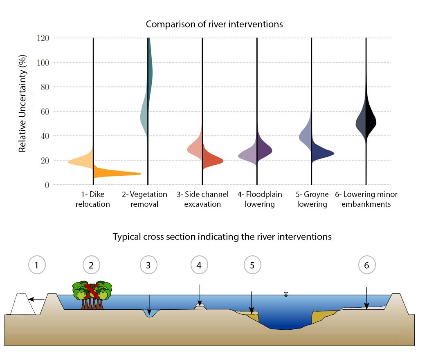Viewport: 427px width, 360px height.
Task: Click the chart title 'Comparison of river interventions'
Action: coord(214,24)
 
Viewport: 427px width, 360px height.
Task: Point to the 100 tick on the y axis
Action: coord(42,63)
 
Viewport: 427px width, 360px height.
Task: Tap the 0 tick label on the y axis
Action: coord(46,185)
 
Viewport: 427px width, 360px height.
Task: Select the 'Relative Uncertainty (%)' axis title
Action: coord(22,110)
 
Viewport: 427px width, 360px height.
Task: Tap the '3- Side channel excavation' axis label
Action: coord(202,199)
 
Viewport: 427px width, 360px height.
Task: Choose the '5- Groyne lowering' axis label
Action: coord(312,199)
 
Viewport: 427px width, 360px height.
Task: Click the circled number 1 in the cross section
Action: coord(36,265)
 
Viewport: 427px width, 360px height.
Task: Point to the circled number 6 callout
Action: coord(366,265)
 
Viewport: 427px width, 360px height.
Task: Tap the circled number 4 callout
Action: coord(199,265)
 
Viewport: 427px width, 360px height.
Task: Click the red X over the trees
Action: coord(91,291)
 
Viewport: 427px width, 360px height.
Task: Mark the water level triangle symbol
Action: coord(286,294)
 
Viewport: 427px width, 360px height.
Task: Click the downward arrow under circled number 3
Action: coord(149,304)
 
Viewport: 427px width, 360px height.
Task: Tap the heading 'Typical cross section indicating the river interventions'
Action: coord(222,237)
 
